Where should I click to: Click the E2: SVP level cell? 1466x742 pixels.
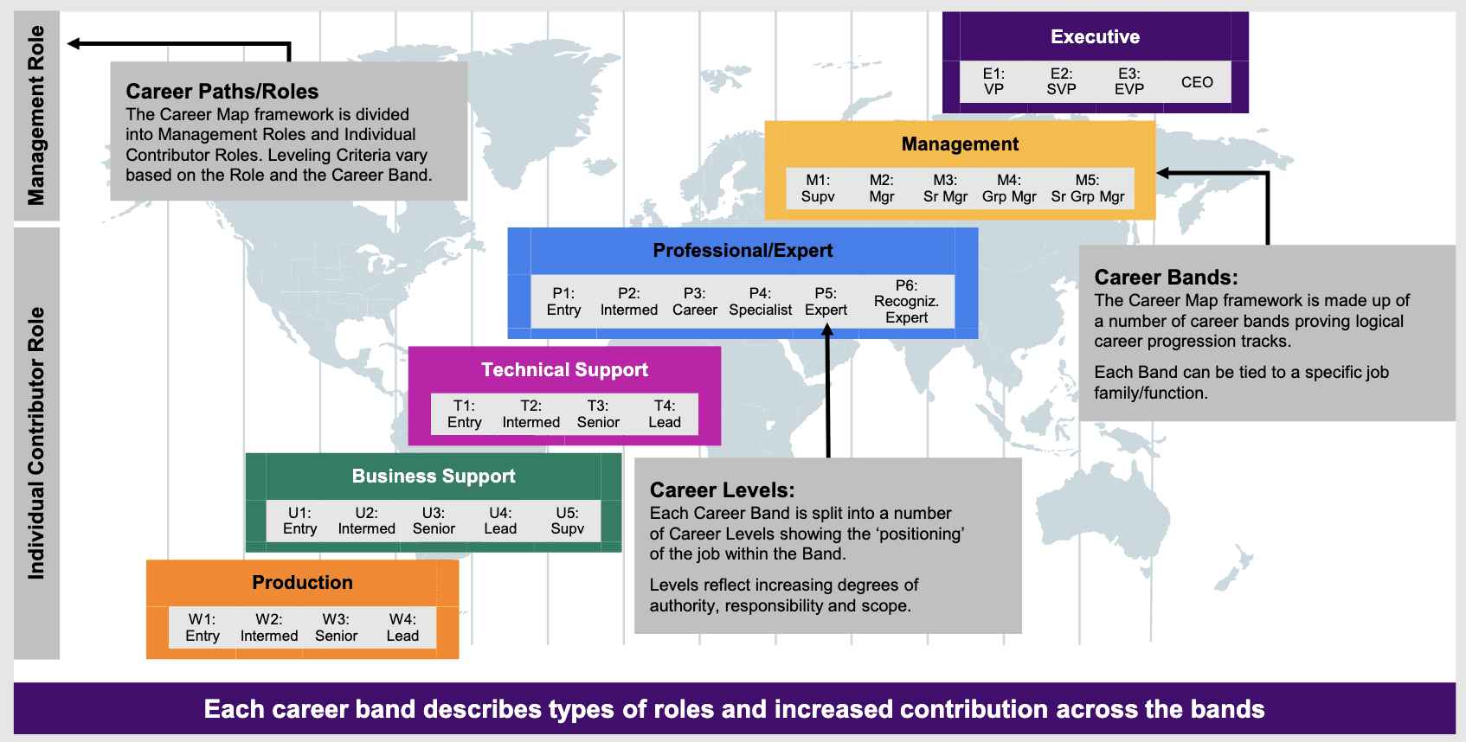(1061, 81)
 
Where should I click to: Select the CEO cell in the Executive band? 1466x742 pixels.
(1197, 81)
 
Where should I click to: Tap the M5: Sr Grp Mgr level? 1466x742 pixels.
(1087, 189)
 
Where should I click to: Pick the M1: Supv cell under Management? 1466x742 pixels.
(818, 189)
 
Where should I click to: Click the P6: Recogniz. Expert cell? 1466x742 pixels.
(906, 301)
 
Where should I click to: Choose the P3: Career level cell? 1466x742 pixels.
(694, 301)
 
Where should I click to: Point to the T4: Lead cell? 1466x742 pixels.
(665, 414)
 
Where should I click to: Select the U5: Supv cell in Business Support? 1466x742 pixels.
(567, 521)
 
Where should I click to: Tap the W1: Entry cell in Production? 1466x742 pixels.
(203, 628)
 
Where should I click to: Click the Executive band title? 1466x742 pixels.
(1095, 36)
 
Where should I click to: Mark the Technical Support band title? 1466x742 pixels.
(565, 370)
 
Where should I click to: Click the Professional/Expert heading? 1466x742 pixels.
(743, 251)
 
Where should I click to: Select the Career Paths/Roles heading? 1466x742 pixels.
(222, 91)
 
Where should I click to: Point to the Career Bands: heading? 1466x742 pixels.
(1166, 278)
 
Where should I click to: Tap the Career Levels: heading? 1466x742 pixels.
(722, 489)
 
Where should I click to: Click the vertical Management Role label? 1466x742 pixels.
(36, 116)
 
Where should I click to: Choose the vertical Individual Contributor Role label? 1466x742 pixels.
(36, 444)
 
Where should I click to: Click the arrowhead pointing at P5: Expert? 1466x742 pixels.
(827, 331)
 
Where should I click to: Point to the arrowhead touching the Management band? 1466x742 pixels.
(1163, 173)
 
